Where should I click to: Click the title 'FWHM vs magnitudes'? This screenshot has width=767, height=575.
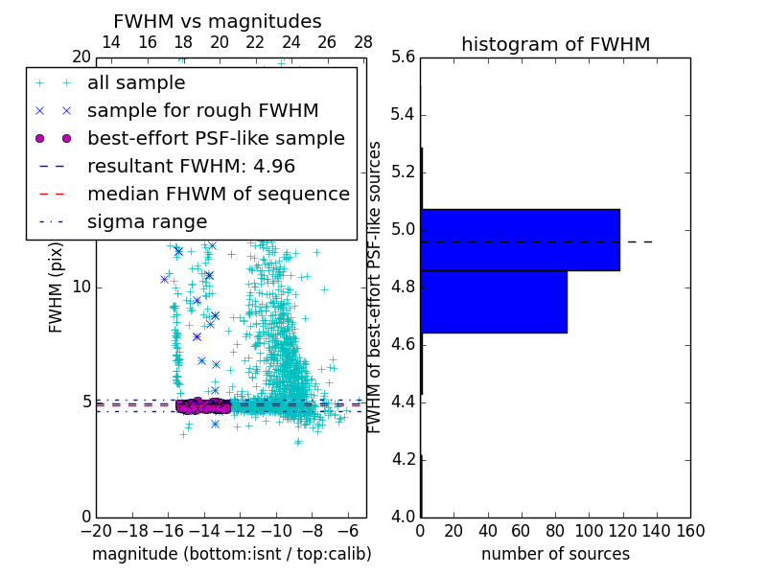click(x=218, y=22)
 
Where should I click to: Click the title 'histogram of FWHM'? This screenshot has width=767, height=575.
click(x=555, y=44)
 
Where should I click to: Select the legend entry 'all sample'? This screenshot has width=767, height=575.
click(x=136, y=83)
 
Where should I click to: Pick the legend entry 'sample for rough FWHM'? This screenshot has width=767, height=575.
click(x=202, y=110)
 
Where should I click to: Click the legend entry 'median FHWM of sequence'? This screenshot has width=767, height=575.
click(x=218, y=194)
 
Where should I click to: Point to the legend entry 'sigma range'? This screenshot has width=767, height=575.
click(x=147, y=221)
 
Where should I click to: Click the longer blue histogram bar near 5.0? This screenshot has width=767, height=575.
click(x=520, y=240)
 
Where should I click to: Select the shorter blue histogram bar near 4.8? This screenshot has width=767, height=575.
click(x=493, y=302)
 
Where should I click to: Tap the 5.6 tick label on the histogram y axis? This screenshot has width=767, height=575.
click(x=404, y=57)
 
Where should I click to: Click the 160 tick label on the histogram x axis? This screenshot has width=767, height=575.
click(x=690, y=530)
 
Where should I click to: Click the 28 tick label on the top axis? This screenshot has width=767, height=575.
click(x=363, y=42)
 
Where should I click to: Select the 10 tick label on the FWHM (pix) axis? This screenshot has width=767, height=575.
click(x=81, y=287)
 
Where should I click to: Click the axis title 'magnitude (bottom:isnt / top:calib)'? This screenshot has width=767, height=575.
click(x=231, y=554)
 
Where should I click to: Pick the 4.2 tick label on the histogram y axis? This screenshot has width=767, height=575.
click(x=404, y=460)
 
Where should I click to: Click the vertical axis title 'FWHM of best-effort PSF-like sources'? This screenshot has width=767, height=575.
click(x=375, y=287)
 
